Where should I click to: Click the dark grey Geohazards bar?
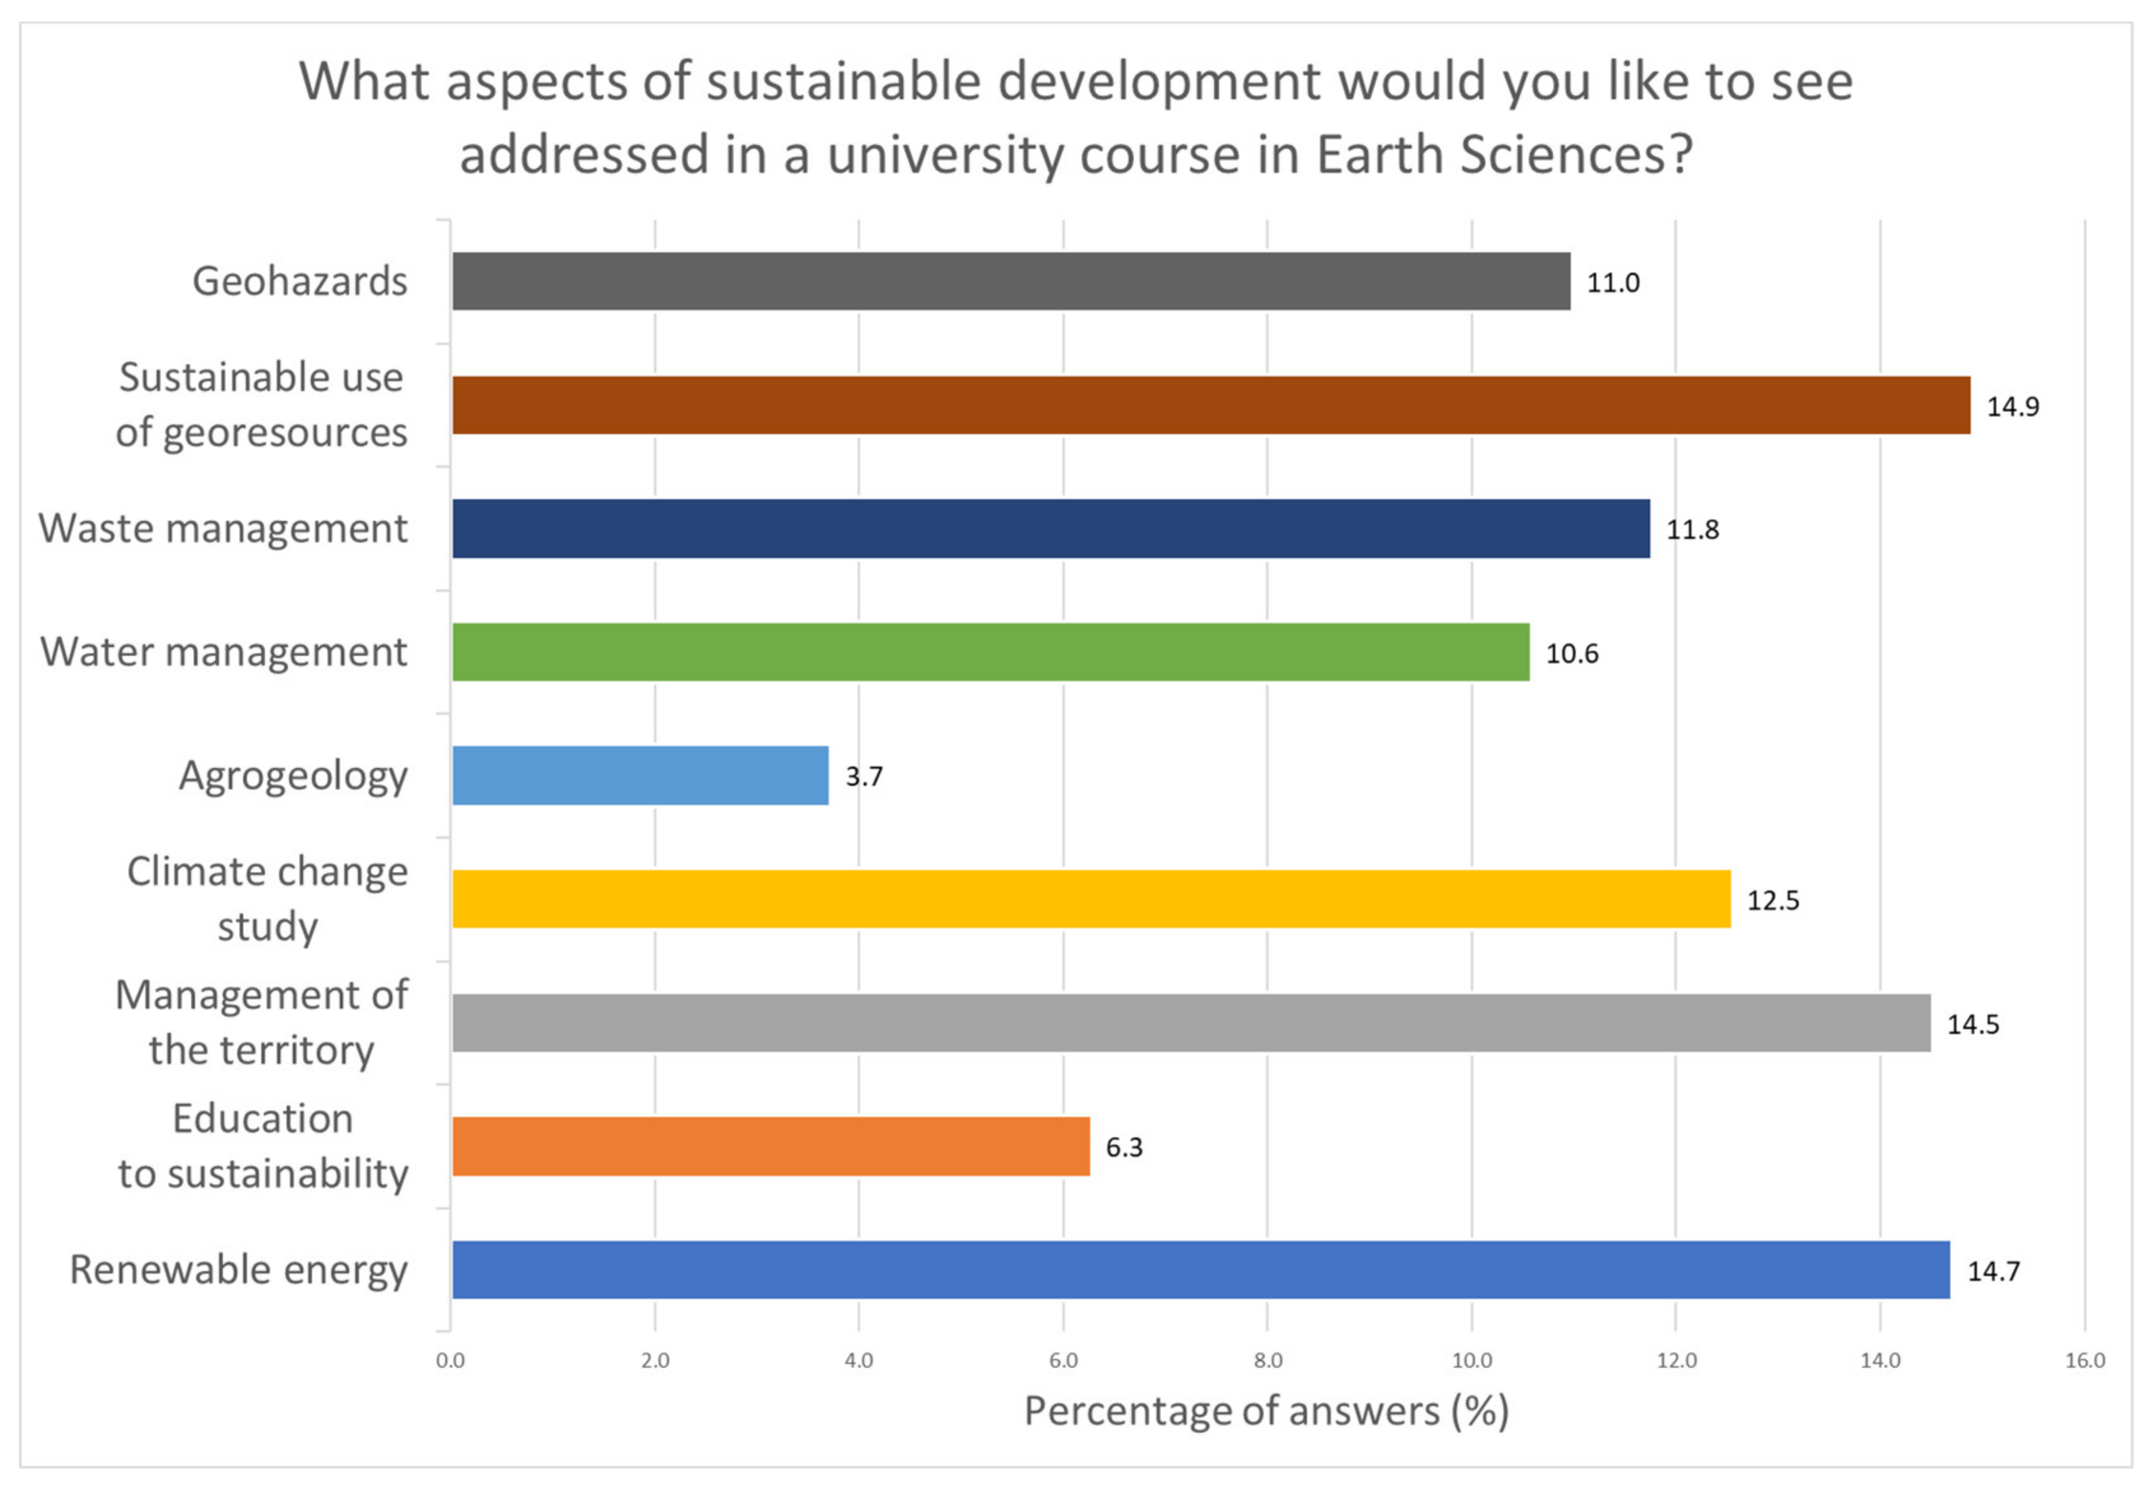pyautogui.click(x=1010, y=281)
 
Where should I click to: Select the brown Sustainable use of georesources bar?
pyautogui.click(x=1211, y=405)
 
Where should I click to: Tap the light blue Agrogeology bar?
pyautogui.click(x=640, y=776)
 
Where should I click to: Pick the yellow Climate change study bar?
pyautogui.click(x=1091, y=899)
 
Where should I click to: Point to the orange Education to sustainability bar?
pyautogui.click(x=771, y=1146)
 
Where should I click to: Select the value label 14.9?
pyautogui.click(x=2012, y=407)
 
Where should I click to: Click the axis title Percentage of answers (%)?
pyautogui.click(x=1266, y=1412)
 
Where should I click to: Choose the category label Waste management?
pyautogui.click(x=222, y=529)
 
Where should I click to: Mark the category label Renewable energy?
pyautogui.click(x=238, y=1270)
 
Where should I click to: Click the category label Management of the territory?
pyautogui.click(x=261, y=1022)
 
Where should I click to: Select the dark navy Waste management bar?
pyautogui.click(x=1050, y=529)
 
